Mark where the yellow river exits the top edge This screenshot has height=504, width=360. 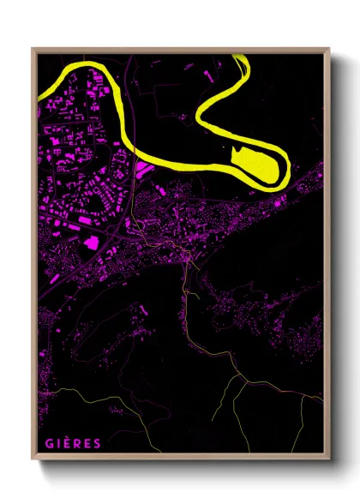242,58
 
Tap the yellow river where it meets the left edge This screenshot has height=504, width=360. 40,93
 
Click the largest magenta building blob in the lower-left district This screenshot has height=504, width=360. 89,243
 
